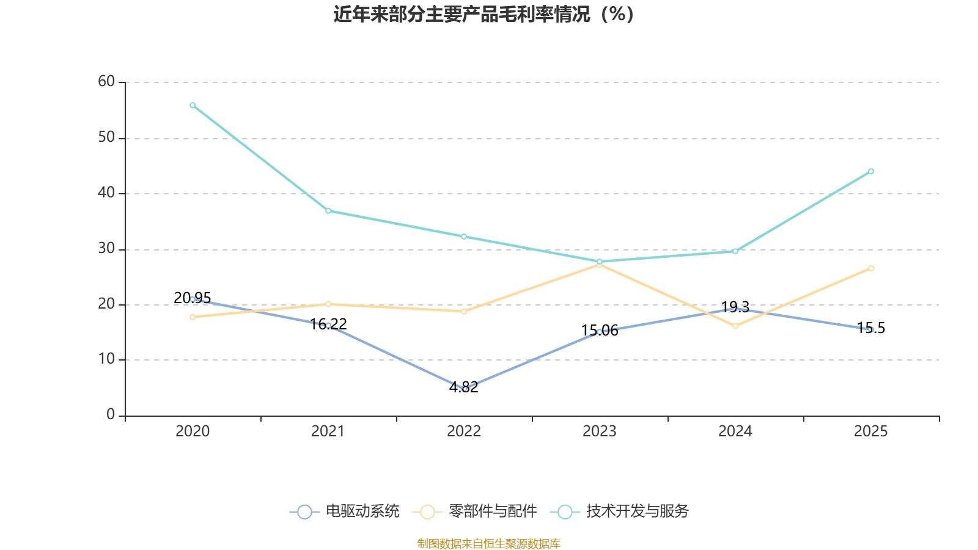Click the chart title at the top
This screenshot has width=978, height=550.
[x=483, y=15]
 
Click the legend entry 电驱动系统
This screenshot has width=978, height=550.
[x=345, y=511]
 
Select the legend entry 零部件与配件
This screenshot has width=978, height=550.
[x=474, y=511]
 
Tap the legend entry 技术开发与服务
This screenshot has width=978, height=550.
[x=620, y=511]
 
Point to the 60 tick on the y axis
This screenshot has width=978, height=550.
[x=106, y=82]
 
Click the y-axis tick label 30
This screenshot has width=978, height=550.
[x=106, y=249]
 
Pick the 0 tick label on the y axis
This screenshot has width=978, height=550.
[x=111, y=415]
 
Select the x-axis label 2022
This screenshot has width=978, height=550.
[x=464, y=431]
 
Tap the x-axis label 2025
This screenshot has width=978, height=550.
[x=870, y=431]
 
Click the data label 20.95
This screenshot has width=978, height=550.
[x=192, y=298]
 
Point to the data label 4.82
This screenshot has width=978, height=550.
[x=464, y=387]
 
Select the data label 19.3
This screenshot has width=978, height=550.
[x=735, y=307]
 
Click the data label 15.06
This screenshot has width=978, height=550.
[x=600, y=331]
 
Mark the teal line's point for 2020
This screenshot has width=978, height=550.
[x=193, y=105]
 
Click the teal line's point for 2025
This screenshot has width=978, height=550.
[x=871, y=172]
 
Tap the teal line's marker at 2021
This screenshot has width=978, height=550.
[x=328, y=211]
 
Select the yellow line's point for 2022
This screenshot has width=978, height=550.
[x=464, y=312]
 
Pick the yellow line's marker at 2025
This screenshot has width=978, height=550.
[x=871, y=268]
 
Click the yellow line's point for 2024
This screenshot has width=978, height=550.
[x=735, y=326]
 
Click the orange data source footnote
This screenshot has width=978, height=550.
[x=488, y=544]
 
